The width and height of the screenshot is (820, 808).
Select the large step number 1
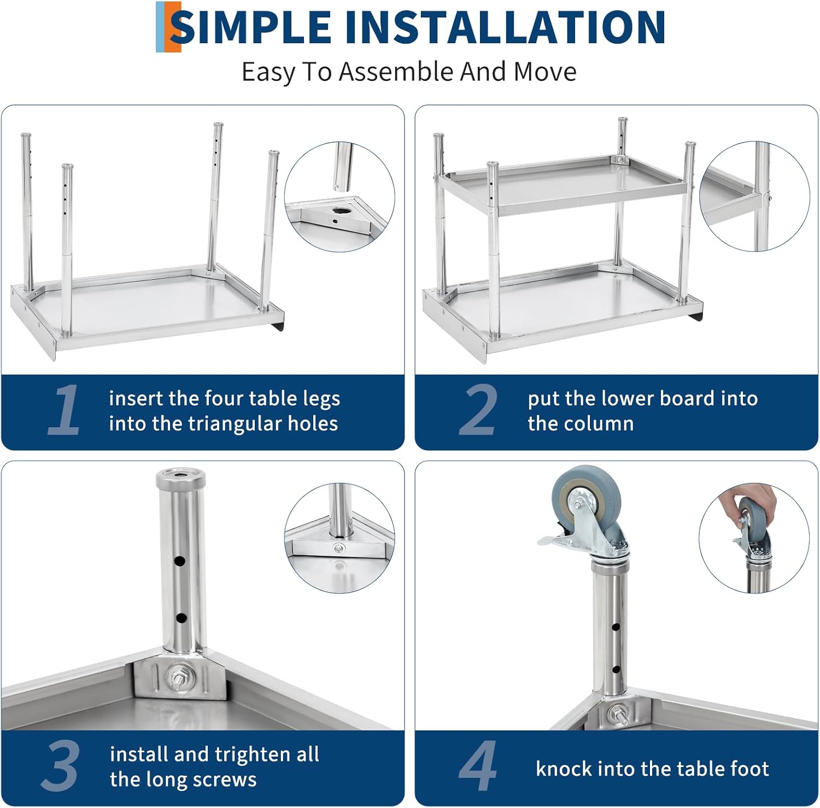coord(65,410)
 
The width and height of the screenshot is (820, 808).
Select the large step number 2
coord(478,410)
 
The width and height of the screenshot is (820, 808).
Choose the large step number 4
coord(478,766)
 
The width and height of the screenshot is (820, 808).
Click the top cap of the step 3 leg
coord(180,478)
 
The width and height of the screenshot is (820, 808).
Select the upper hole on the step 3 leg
coord(180,561)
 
